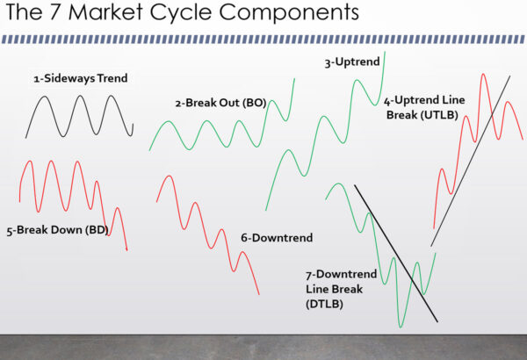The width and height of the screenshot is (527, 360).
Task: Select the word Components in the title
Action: [289, 15]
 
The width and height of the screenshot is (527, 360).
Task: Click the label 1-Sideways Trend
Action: [81, 79]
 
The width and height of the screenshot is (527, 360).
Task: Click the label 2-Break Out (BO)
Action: [220, 103]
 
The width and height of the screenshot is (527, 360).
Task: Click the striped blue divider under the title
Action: [263, 39]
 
